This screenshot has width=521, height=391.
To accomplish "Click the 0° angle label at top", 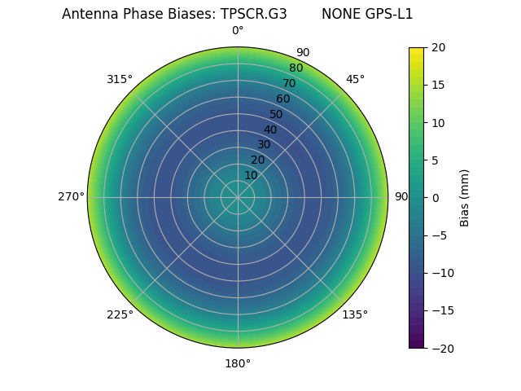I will click(238, 31).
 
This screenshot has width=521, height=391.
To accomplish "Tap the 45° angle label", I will click(355, 79).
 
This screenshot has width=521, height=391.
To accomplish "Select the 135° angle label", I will click(355, 314).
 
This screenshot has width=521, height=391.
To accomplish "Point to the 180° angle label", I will click(238, 363).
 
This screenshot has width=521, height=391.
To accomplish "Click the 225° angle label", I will click(120, 314).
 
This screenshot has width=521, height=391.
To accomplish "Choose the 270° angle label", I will click(71, 197).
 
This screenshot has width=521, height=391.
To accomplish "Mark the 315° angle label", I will click(120, 79).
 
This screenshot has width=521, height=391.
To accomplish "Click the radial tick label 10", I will click(251, 175).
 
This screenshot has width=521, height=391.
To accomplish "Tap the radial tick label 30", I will click(264, 144).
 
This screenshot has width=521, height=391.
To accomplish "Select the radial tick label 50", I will click(277, 114).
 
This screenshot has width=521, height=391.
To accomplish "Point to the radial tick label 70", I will click(290, 83).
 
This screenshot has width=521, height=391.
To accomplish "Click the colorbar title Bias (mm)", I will click(465, 198).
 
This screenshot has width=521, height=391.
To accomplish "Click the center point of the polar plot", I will click(238, 197).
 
